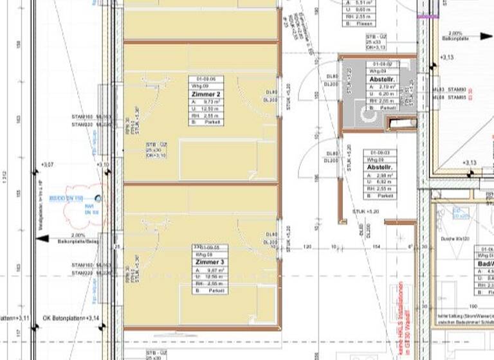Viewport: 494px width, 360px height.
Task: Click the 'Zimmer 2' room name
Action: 205,94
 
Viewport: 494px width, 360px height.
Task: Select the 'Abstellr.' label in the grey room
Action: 381,79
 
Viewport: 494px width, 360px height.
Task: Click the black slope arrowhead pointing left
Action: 41,239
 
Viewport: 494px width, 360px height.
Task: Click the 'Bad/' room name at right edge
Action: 485,264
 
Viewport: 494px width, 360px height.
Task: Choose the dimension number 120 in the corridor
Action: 307,247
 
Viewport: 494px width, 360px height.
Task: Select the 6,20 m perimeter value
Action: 386,94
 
